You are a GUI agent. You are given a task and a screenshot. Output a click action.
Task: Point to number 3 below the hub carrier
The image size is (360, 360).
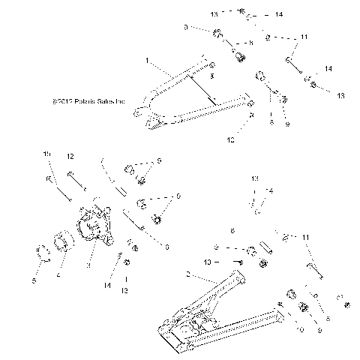(x=88, y=265)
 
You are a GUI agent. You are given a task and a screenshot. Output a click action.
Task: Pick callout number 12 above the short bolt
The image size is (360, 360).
(x=70, y=156)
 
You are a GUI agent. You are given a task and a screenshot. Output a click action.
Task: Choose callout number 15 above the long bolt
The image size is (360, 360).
(x=46, y=154)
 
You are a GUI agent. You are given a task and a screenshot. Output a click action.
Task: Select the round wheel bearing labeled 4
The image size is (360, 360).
(x=61, y=244)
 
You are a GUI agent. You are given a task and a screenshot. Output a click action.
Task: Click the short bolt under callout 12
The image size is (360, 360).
(x=74, y=181)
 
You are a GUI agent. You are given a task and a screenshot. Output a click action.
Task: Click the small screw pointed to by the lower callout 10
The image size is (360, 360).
(x=238, y=262)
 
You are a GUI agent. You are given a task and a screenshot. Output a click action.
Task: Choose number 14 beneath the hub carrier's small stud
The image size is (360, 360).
(x=108, y=286)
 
